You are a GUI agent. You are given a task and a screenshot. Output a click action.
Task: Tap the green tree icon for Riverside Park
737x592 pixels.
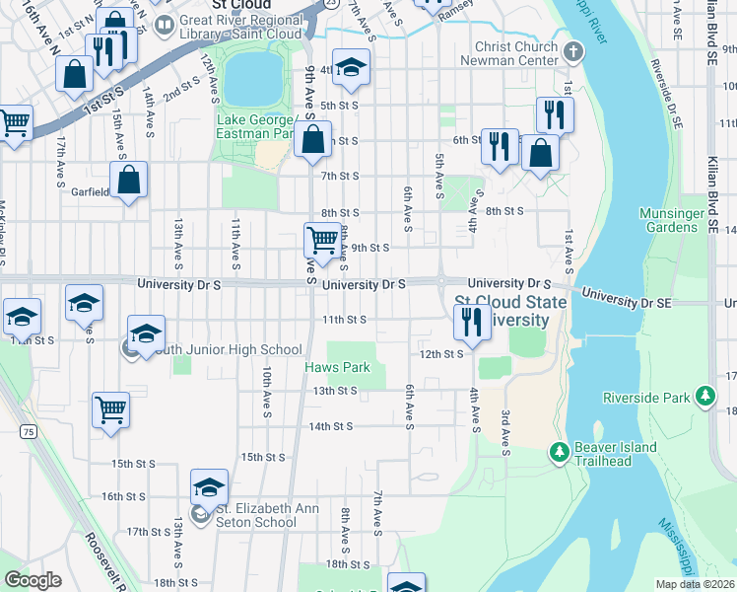pyautogui.click(x=704, y=397)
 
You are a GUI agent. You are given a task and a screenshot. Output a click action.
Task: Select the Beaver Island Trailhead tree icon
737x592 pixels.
pyautogui.click(x=559, y=451)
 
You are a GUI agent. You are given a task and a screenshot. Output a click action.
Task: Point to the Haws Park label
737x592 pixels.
pyautogui.click(x=336, y=368)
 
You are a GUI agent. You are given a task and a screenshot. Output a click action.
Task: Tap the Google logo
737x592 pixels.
pyautogui.click(x=33, y=580)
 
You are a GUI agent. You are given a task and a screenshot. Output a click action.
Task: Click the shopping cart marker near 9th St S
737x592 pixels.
pyautogui.click(x=322, y=240)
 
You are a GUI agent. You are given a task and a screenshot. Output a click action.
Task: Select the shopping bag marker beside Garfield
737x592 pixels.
pyautogui.click(x=128, y=181)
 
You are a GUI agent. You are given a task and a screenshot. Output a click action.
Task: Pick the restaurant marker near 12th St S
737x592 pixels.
pyautogui.click(x=471, y=322)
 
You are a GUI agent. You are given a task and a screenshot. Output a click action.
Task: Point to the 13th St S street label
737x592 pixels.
pyautogui.click(x=334, y=391)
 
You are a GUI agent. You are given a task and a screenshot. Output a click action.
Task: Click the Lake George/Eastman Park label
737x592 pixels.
pyautogui.click(x=255, y=126)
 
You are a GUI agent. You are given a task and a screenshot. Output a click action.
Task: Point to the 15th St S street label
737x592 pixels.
pyautogui.click(x=263, y=457)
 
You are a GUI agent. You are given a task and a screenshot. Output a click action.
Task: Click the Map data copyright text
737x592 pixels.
pyautogui.click(x=694, y=584)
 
